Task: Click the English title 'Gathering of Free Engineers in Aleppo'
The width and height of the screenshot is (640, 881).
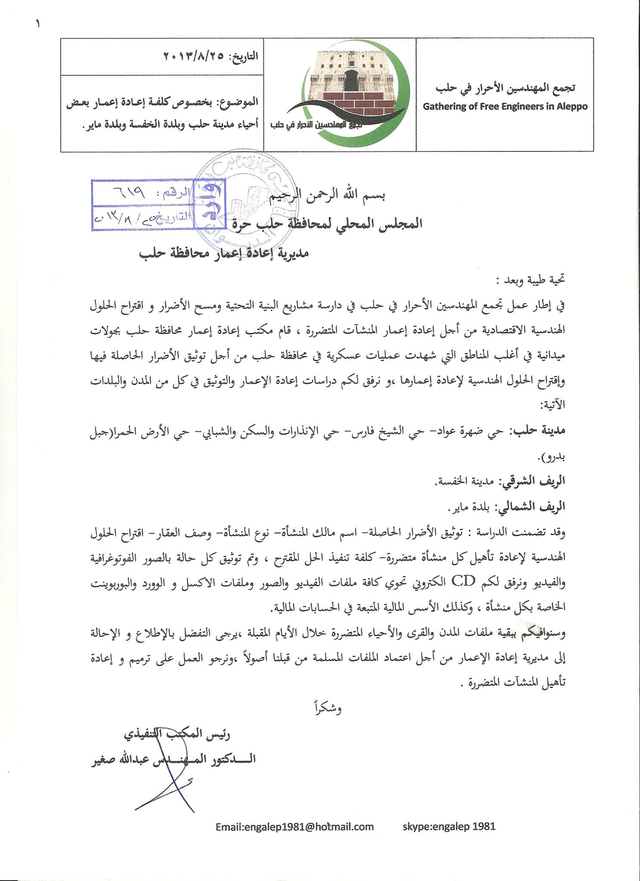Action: point(505,106)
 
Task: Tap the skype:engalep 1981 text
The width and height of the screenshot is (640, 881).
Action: point(449,826)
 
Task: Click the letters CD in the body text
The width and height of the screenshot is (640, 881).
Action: point(464,581)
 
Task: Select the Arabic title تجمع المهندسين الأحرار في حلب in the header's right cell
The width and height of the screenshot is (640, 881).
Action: point(505,88)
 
